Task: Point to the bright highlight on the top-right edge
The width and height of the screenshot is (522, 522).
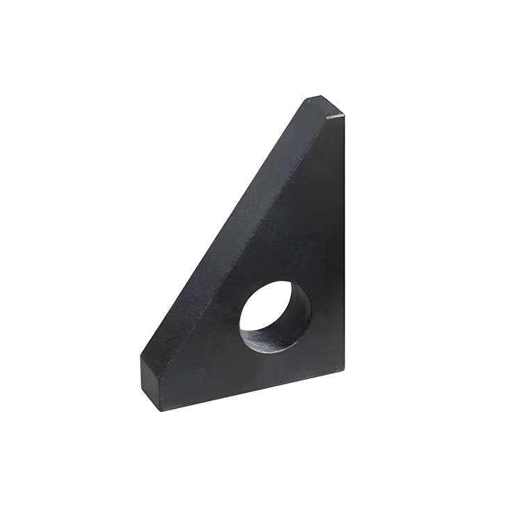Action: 335,116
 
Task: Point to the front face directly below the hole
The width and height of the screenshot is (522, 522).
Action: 275,369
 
